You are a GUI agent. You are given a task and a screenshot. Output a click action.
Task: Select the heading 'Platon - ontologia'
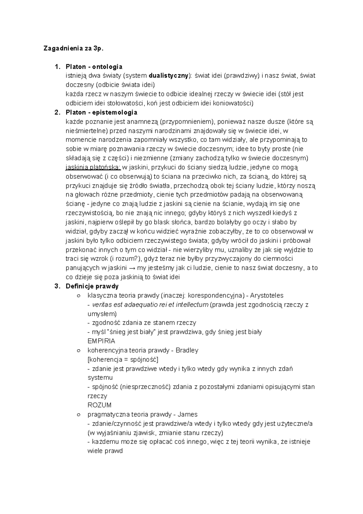(x=94, y=66)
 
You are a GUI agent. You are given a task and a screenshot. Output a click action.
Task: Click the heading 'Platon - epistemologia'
(x=101, y=112)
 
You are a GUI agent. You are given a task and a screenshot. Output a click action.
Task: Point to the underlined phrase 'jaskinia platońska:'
(x=93, y=167)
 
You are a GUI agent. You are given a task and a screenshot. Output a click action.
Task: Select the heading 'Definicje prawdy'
(x=92, y=286)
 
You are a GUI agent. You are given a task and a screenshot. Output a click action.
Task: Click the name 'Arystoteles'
(x=267, y=295)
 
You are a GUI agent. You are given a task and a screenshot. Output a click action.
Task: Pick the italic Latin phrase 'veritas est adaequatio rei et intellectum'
(x=150, y=305)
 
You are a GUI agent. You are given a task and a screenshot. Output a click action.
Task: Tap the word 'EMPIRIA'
(x=101, y=341)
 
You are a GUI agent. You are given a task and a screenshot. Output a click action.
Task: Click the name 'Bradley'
(x=187, y=350)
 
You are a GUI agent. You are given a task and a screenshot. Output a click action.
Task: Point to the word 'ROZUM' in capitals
(x=99, y=405)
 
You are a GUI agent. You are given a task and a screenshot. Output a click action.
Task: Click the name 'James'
(x=187, y=414)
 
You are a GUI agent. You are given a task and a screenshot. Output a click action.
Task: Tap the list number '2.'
(x=57, y=112)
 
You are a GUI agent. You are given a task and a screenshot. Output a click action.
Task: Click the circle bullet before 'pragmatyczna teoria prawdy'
(x=79, y=414)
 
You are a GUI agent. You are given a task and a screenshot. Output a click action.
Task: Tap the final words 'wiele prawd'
(x=105, y=451)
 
